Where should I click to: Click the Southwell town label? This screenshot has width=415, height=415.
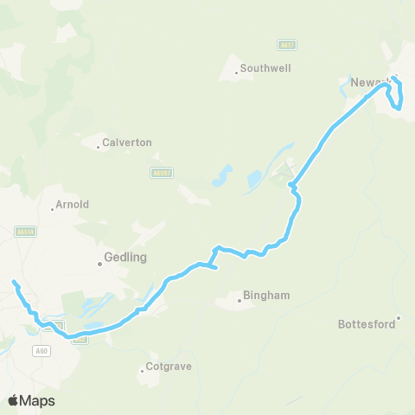point(267,67)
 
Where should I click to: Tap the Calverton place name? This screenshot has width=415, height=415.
point(127,142)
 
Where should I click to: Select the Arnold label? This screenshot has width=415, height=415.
point(72,205)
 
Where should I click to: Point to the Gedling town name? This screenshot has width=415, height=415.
point(125,257)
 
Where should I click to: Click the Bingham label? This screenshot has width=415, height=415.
point(266,295)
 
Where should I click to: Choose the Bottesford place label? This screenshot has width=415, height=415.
point(367,324)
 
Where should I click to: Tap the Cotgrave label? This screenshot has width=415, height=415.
point(169,367)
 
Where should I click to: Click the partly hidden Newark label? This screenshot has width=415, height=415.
point(367,83)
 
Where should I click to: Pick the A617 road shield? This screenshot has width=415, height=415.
point(287,44)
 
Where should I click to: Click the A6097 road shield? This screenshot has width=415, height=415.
point(162,173)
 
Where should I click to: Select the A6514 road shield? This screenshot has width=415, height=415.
point(25,231)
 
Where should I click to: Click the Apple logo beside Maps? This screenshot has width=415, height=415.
point(14,400)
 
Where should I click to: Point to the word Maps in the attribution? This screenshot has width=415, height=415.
point(37,400)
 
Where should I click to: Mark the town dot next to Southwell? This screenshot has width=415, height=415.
point(236,73)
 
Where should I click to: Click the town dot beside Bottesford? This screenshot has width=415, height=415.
point(399,317)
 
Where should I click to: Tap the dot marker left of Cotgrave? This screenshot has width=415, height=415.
point(143,373)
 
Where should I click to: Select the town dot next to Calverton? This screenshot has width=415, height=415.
point(98,147)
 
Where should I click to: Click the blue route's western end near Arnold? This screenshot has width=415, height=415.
point(14,282)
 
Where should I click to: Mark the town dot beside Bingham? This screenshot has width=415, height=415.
point(239,301)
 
